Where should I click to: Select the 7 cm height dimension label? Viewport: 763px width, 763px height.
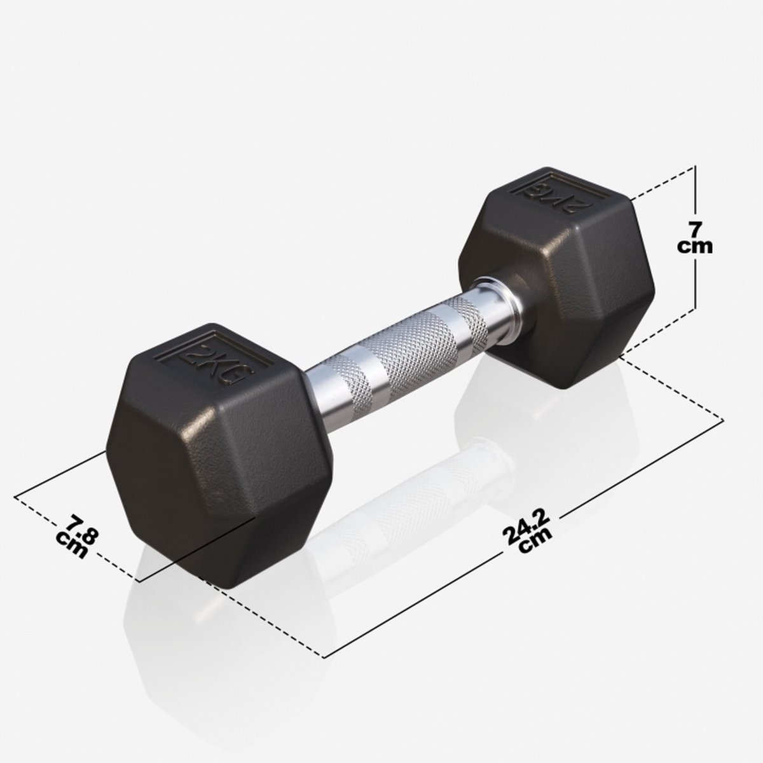coord(694,238)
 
